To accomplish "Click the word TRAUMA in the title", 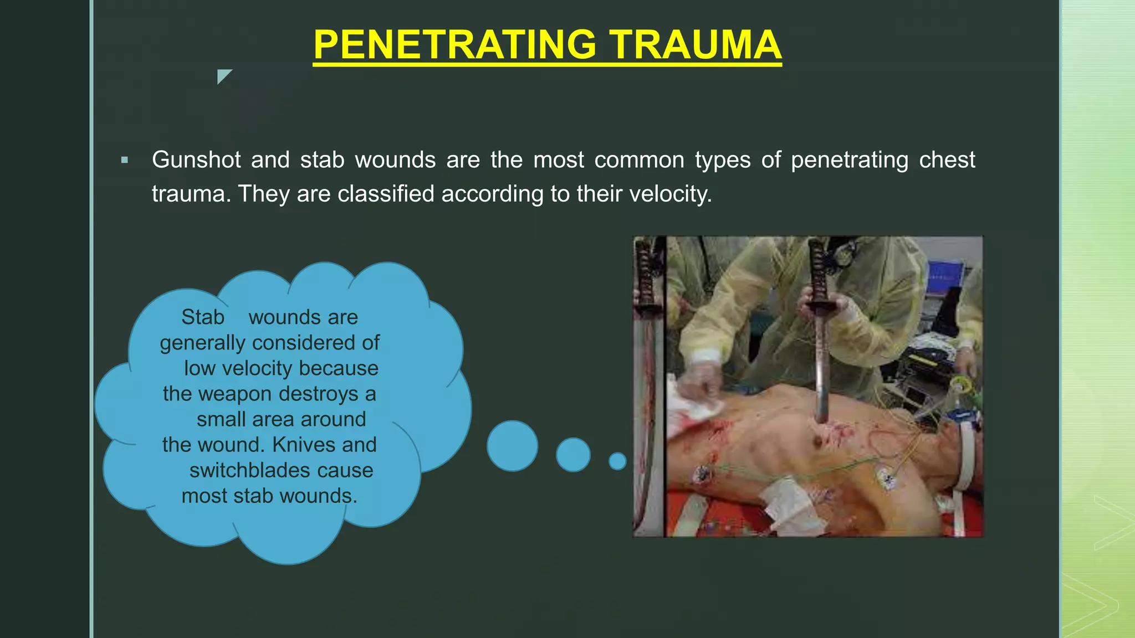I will [696, 44].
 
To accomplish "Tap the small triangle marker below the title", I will [223, 75].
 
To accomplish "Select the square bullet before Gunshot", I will [125, 161].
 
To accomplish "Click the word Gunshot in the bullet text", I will [196, 160].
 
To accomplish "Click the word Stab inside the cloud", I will [203, 317].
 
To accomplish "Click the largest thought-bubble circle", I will [512, 446].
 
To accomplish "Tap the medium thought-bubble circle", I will [573, 455].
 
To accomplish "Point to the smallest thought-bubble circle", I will [617, 461].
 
